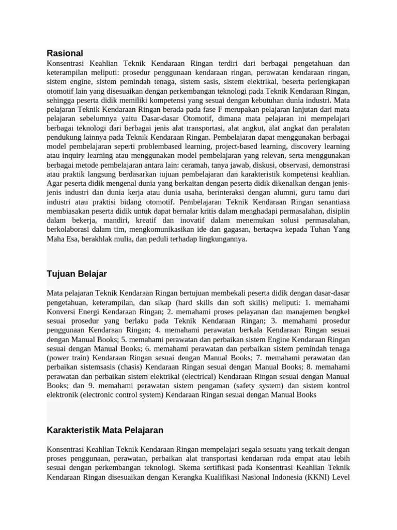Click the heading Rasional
[65, 53]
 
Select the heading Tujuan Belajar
[77, 274]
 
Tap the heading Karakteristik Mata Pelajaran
[105, 430]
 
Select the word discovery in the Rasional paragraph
[302, 146]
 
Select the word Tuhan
[320, 230]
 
